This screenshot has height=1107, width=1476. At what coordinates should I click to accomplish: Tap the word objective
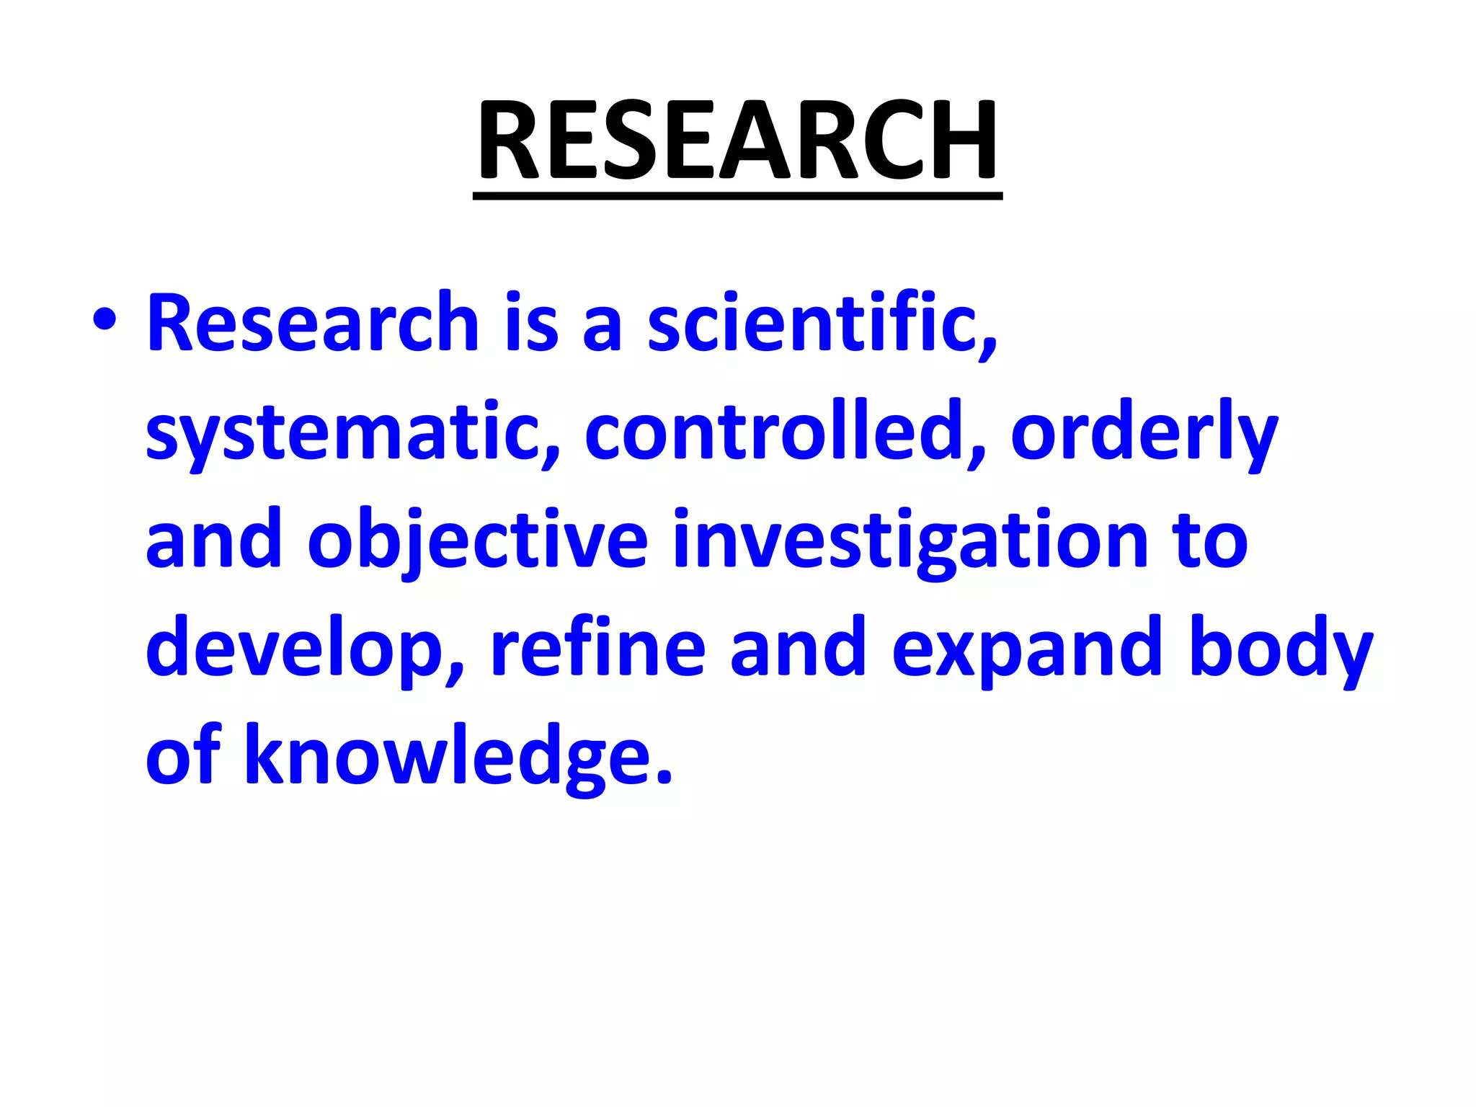point(478,541)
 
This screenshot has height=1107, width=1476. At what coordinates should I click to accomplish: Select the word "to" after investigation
point(1210,541)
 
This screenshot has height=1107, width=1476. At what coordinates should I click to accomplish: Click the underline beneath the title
point(737,196)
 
